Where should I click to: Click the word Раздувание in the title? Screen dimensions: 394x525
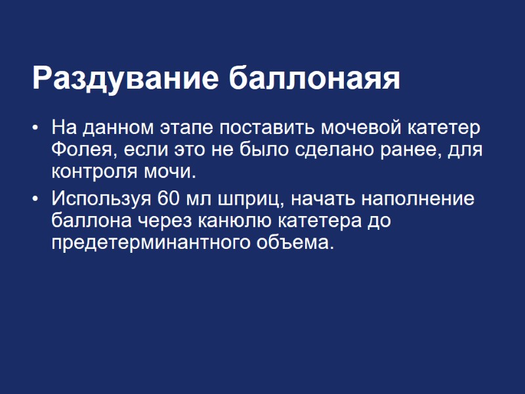(125, 79)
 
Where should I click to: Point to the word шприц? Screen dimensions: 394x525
(253, 198)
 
